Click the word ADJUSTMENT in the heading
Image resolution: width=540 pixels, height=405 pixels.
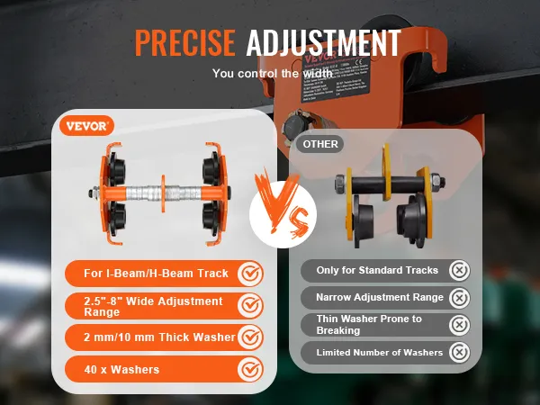click(x=323, y=42)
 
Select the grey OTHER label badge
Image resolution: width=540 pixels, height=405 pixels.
click(x=320, y=143)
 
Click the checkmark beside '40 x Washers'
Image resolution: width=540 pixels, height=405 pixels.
click(x=251, y=369)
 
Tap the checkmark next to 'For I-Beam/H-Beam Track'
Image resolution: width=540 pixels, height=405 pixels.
click(x=251, y=273)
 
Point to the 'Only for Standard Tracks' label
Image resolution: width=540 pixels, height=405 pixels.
click(x=377, y=270)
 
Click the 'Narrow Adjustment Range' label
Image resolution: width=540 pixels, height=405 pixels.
click(x=379, y=297)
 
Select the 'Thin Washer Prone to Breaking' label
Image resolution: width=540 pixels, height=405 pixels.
click(x=369, y=324)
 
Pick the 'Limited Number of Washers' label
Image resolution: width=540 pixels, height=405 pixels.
click(x=379, y=352)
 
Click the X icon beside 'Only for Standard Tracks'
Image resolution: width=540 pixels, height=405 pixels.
click(x=460, y=270)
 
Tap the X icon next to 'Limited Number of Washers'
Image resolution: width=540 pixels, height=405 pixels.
click(x=460, y=352)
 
